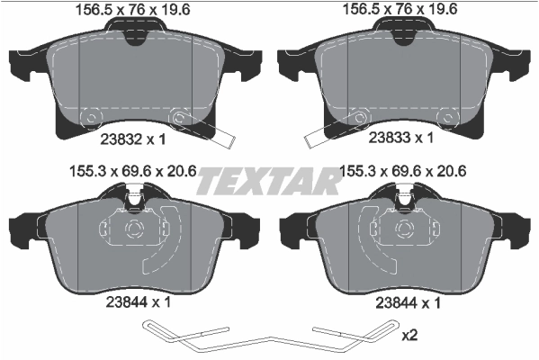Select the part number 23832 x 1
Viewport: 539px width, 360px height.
tap(132, 139)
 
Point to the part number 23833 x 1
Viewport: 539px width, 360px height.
tap(402, 139)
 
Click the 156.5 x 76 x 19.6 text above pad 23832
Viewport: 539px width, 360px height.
tap(134, 10)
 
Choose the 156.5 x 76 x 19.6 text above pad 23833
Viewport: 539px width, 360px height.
tap(401, 10)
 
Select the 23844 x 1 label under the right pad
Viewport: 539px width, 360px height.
tap(402, 304)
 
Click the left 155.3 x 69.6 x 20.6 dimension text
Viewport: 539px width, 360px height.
tap(134, 168)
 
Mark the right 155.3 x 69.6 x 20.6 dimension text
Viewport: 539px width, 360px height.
tap(401, 168)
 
